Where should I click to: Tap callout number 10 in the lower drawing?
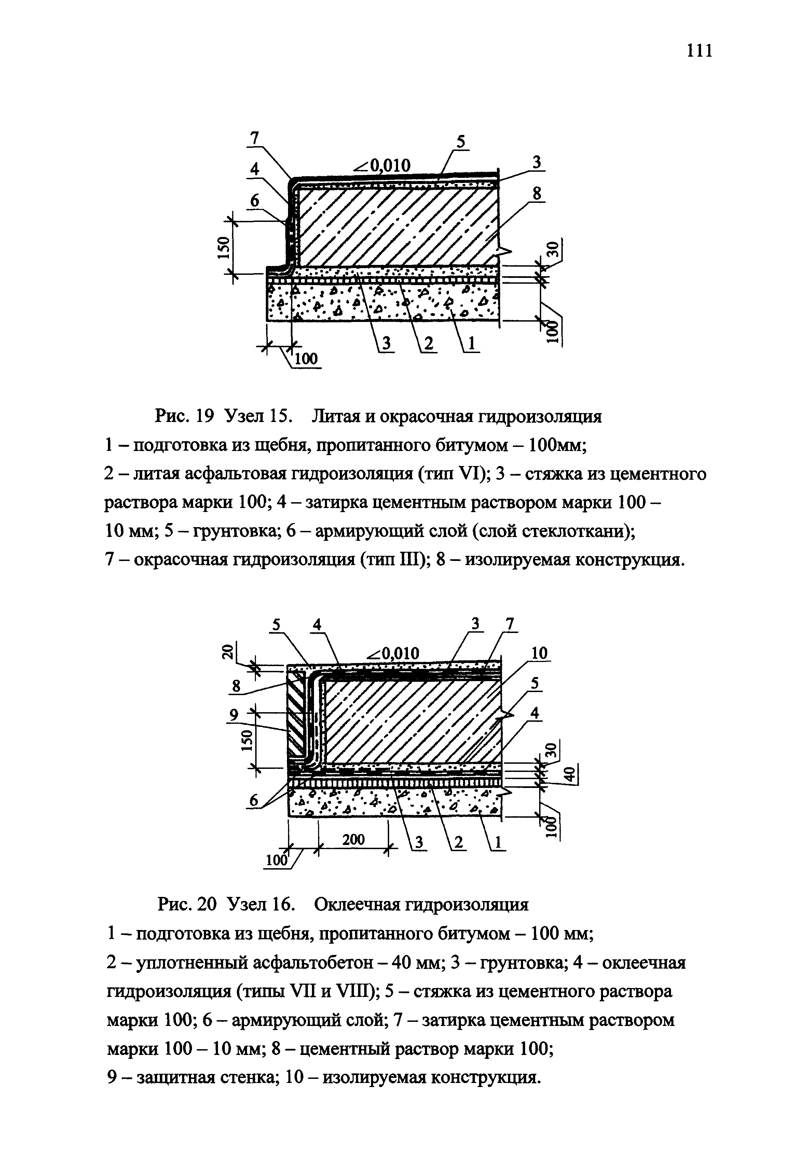click(539, 653)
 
